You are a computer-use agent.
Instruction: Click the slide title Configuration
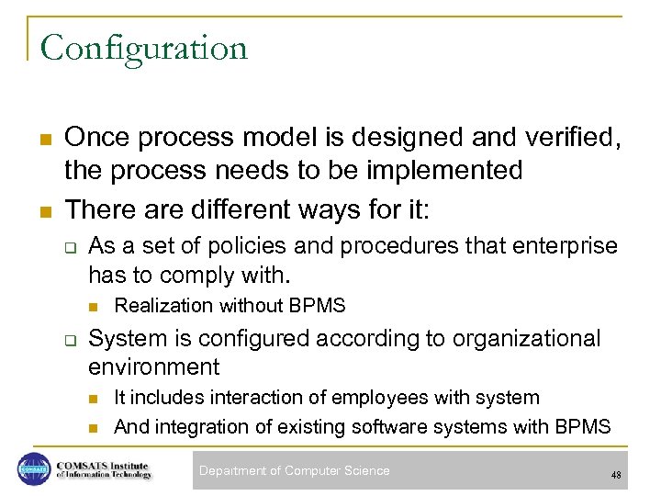coord(144,48)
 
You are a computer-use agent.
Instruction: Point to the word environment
coord(153,367)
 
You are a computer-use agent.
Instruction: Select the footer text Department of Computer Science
coord(294,471)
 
